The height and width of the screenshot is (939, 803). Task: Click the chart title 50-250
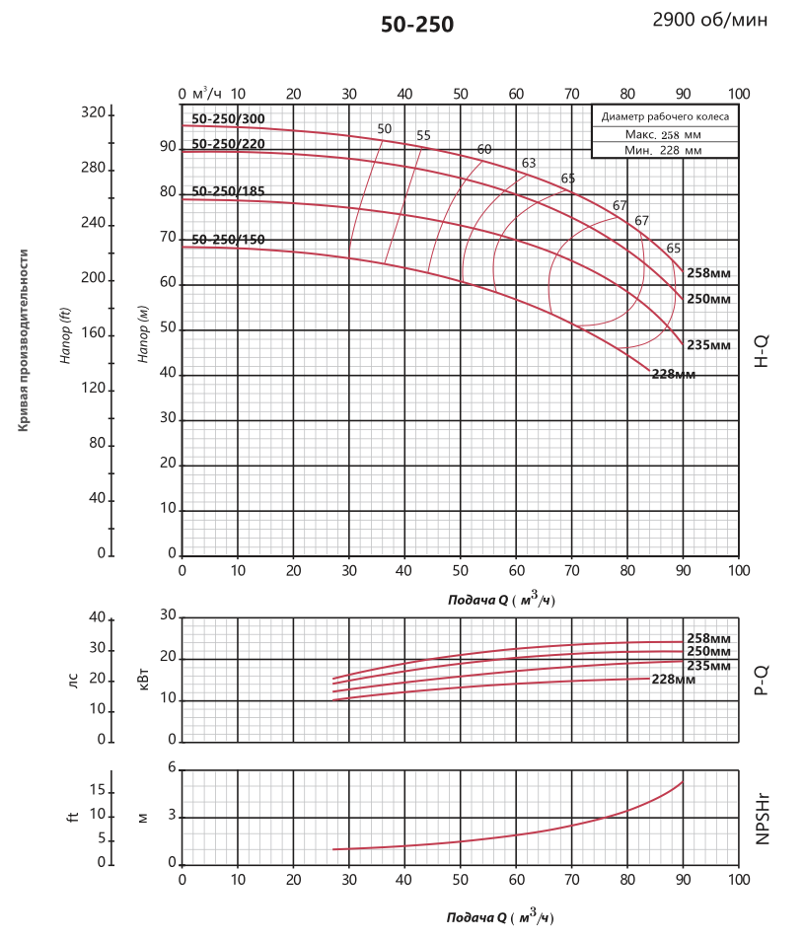point(417,25)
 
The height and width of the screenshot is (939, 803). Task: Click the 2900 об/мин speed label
point(709,20)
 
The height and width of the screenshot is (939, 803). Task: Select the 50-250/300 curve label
point(228,119)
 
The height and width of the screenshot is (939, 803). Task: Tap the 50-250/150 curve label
point(228,240)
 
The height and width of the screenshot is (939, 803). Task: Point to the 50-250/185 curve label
point(228,190)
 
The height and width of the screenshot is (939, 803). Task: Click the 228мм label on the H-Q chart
point(674,375)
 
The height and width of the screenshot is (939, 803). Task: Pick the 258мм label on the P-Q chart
point(707,639)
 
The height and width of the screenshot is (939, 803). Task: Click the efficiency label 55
point(423,136)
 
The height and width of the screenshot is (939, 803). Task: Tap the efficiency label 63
point(529,163)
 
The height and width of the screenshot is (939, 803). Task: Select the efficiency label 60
point(483,150)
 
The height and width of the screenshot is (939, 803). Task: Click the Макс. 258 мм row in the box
point(664,134)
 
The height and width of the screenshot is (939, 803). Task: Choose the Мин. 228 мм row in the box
point(664,150)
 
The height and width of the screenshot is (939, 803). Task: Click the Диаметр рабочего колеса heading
point(664,116)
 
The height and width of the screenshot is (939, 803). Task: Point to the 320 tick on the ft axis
point(93,113)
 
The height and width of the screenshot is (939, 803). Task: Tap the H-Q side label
point(762,350)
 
